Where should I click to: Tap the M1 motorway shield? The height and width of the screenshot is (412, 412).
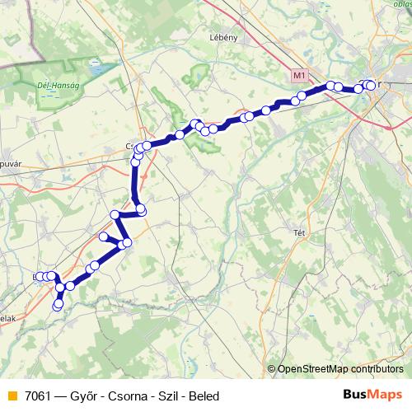[299, 76]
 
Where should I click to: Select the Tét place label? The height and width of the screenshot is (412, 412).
[300, 233]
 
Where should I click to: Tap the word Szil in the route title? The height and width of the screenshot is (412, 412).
[166, 396]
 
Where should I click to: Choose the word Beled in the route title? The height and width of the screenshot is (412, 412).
[204, 396]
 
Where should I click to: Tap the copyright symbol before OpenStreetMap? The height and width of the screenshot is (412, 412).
[272, 369]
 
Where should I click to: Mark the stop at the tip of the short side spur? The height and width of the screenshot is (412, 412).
[104, 236]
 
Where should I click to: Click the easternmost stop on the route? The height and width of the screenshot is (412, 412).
[371, 85]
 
